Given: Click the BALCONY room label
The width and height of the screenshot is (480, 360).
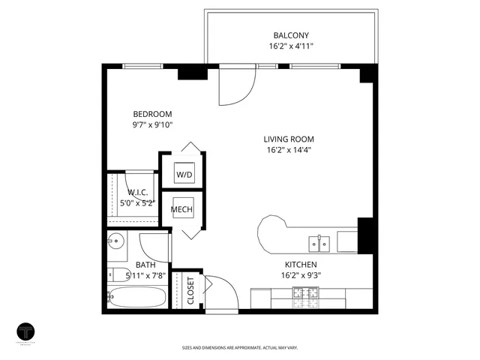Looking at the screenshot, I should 291,35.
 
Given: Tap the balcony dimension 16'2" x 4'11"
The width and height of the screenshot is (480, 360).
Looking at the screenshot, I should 291,46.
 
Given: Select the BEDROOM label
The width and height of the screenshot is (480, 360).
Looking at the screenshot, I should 153,114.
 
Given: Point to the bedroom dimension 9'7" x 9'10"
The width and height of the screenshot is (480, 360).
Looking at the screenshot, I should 153,125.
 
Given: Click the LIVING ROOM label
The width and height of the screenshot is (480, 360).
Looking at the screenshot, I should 288,139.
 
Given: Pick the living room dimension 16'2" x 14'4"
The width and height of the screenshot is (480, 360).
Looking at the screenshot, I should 288,150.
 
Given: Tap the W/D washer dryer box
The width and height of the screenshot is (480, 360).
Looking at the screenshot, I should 184,175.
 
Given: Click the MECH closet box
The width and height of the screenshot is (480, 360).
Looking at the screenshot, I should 182,209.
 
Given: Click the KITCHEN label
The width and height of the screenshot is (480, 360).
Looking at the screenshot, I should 300,265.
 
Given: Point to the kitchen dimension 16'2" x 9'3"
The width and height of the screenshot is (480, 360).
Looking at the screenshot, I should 300,275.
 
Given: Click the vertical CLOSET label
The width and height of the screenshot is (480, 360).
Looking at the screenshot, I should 190,291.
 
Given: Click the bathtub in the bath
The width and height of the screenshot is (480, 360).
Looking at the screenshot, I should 136,297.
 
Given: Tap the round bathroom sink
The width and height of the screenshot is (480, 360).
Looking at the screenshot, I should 115,242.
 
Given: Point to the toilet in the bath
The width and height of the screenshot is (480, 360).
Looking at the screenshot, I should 118,274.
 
